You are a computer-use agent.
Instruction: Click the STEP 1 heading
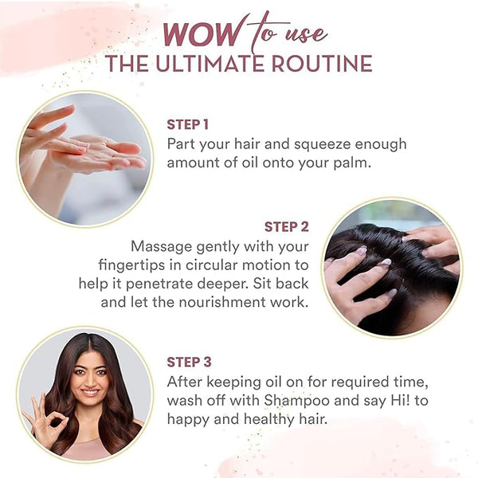(188, 125)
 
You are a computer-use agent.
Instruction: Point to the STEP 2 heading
(287, 227)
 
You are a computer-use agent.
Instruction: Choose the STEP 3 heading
(189, 362)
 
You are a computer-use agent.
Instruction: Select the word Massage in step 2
(161, 247)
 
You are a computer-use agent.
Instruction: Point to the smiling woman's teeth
(90, 392)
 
